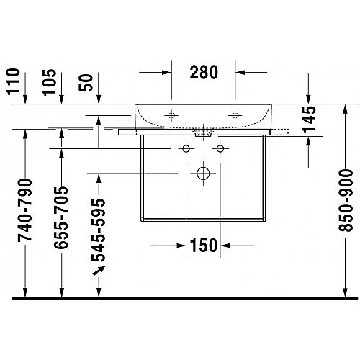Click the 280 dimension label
[x=204, y=72]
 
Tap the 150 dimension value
[x=203, y=246]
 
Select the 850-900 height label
[x=346, y=201]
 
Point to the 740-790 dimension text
[x=24, y=210]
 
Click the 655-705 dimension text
[x=61, y=217]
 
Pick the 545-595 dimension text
[x=98, y=230]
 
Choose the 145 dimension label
[x=309, y=120]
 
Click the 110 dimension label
[x=14, y=81]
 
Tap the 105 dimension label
[x=50, y=82]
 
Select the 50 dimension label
[x=86, y=83]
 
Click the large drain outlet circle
[x=203, y=174]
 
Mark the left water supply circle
[x=186, y=149]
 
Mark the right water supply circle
[x=220, y=149]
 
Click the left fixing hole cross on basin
[x=171, y=115]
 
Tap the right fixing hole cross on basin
[x=235, y=115]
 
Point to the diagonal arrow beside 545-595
[x=99, y=271]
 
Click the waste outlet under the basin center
[x=203, y=133]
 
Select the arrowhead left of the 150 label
[x=181, y=246]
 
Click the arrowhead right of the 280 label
[x=240, y=72]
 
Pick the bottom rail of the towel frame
[x=203, y=219]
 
